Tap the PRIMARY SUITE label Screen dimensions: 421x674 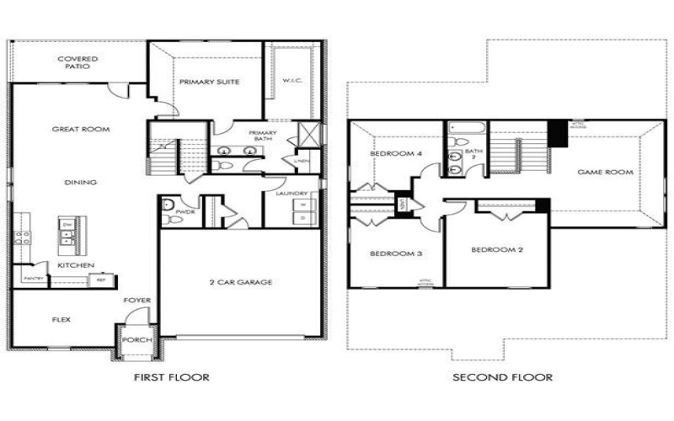coord(209,82)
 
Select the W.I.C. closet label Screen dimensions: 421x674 coord(292,82)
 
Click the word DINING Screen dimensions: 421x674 coord(80,182)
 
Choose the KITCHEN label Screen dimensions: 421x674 coord(75,265)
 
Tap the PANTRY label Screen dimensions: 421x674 coord(33,277)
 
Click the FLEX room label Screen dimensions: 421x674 coord(62,320)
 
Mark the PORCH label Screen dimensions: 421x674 coord(135,340)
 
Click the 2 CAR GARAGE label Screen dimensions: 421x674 coord(240,282)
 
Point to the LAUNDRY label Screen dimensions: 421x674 coord(291,195)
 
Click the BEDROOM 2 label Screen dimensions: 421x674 coord(492,250)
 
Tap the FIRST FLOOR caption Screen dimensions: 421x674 coord(172,377)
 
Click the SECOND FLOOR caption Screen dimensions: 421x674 coord(503,377)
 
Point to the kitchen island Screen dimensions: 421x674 coord(68,233)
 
